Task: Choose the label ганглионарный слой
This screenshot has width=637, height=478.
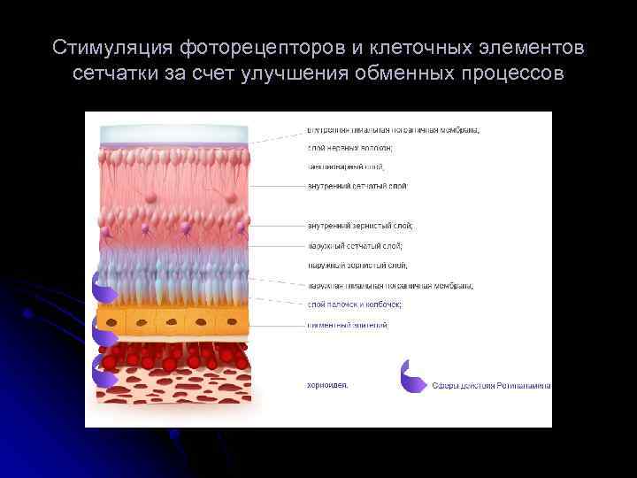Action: coord(345,166)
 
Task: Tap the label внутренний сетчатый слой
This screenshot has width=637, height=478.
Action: coord(357,186)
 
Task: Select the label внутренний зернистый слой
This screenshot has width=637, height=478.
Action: coord(359,226)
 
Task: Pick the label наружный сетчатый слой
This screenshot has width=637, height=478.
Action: coord(354,245)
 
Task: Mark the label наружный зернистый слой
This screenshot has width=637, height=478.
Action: coord(357,265)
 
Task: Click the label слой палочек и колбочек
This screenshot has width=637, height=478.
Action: coord(354,304)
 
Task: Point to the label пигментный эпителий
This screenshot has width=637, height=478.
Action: coord(347,325)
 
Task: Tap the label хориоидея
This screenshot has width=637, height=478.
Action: coord(327,384)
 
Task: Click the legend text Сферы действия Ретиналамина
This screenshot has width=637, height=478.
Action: coord(491,385)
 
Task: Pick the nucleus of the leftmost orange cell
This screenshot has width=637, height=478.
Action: coord(111,321)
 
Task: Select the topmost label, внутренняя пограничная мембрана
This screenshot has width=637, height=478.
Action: coord(393,129)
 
